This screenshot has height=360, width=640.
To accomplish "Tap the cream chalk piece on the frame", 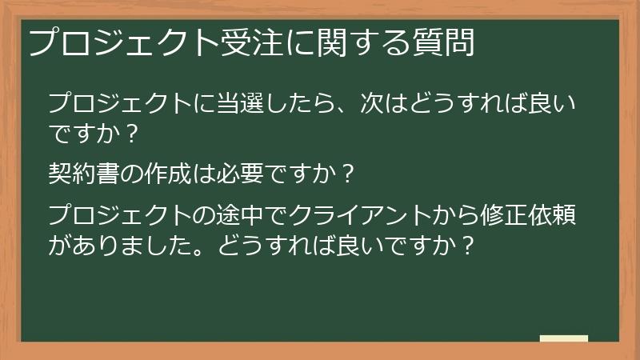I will (564, 339).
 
